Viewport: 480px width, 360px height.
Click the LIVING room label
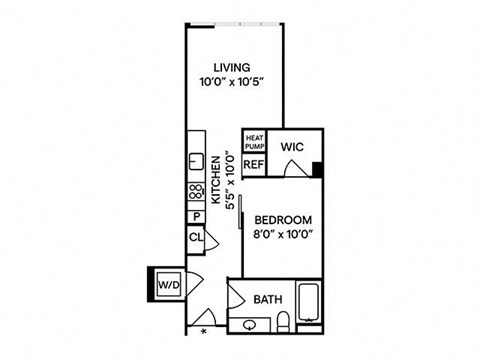pos(232,68)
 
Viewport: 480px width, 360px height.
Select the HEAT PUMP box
pos(255,142)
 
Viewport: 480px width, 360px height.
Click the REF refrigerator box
pos(254,164)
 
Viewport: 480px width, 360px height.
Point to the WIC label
pos(292,147)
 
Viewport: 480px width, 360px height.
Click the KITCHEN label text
pos(216,180)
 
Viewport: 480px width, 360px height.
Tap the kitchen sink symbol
pos(196,162)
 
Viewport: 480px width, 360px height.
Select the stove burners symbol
pos(196,191)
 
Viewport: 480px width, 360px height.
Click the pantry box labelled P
pos(196,217)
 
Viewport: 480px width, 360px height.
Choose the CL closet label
pos(196,238)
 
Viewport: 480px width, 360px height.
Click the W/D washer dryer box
pos(169,285)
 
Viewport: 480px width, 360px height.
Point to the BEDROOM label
pos(283,220)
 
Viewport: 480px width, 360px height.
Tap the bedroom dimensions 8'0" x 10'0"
pos(283,234)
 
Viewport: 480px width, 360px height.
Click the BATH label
pos(268,299)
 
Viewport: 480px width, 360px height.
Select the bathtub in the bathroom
pos(309,302)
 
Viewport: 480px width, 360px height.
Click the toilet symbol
pos(283,322)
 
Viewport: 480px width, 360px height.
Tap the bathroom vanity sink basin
pos(250,325)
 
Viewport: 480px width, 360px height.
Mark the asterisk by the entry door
pos(204,331)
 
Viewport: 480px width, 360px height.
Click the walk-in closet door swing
pos(295,168)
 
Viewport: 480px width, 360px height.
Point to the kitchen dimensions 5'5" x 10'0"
pos(230,180)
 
